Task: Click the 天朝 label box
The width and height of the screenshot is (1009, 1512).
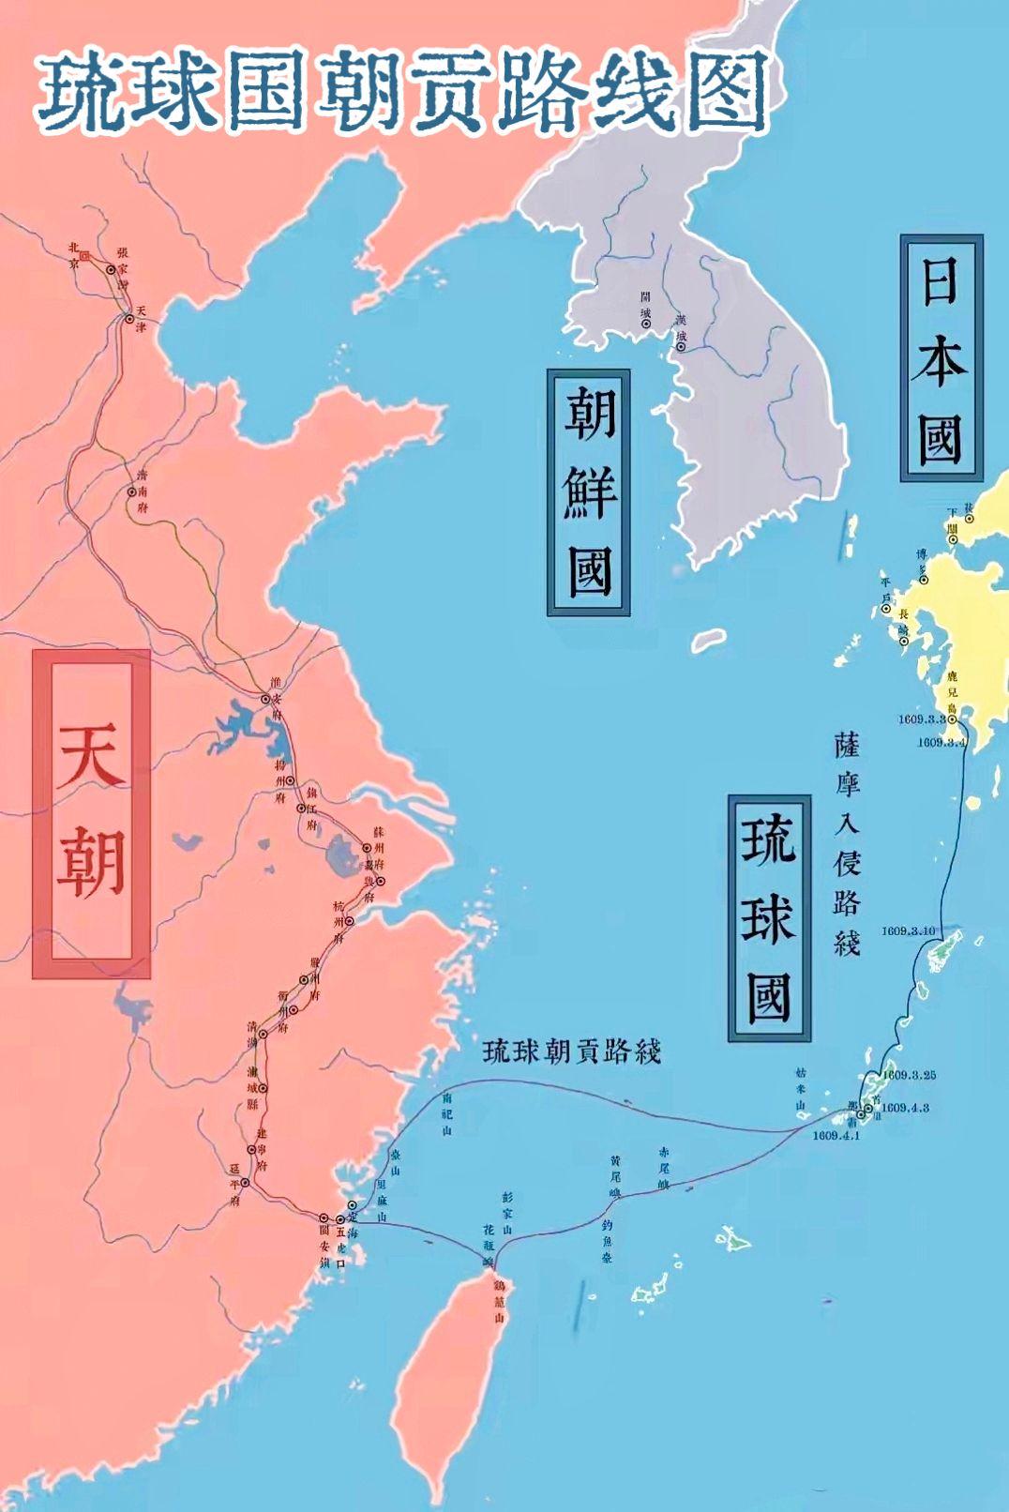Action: pyautogui.click(x=91, y=813)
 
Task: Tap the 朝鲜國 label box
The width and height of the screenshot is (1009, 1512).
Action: pyautogui.click(x=588, y=491)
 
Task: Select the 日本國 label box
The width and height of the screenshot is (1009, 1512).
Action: pyautogui.click(x=941, y=357)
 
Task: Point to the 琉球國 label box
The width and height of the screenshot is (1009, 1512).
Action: pyautogui.click(x=769, y=918)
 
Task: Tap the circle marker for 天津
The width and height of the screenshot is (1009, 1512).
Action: pyautogui.click(x=129, y=319)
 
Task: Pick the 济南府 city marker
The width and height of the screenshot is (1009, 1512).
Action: pyautogui.click(x=131, y=491)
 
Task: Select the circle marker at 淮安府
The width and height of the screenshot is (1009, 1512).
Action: pyautogui.click(x=265, y=699)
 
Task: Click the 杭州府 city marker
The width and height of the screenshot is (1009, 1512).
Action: pyautogui.click(x=350, y=921)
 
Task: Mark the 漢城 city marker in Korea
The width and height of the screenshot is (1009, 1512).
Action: pyautogui.click(x=681, y=347)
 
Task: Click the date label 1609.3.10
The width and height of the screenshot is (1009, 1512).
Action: pyautogui.click(x=908, y=930)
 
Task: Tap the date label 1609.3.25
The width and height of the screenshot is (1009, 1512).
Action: pyautogui.click(x=908, y=1075)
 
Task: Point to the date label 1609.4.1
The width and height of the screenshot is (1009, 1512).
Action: pyautogui.click(x=836, y=1136)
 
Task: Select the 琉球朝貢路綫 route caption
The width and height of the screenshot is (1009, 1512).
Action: pyautogui.click(x=572, y=1051)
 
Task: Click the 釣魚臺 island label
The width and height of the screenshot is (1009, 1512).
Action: pyautogui.click(x=607, y=1241)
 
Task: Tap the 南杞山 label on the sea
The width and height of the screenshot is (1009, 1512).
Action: pyautogui.click(x=447, y=1113)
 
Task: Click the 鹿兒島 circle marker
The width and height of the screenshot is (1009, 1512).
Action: pyautogui.click(x=952, y=719)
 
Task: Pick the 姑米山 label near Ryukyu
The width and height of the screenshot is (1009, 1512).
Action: pyautogui.click(x=801, y=1088)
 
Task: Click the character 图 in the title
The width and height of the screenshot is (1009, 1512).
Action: pyautogui.click(x=725, y=92)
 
